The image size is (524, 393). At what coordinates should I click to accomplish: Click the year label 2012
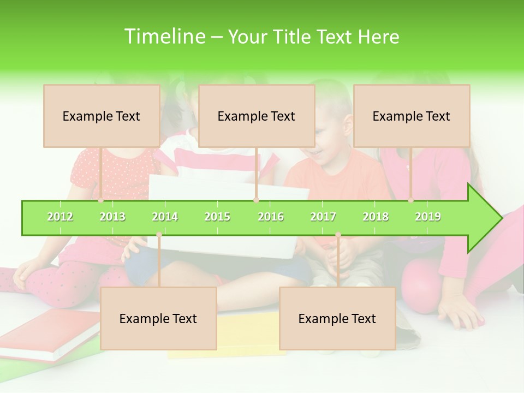[60, 217]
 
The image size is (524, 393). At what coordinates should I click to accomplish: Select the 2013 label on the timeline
[112, 217]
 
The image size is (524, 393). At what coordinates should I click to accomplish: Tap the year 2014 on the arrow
[165, 217]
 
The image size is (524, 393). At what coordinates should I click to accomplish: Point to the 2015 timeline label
[217, 217]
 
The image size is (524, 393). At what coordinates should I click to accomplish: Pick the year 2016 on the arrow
[271, 217]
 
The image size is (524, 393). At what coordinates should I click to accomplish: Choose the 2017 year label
[323, 217]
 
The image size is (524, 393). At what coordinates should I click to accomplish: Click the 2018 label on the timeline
[376, 217]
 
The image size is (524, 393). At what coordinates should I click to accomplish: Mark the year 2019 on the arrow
[428, 217]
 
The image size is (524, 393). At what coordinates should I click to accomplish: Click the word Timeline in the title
[164, 37]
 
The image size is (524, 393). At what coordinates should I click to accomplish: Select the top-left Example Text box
[102, 116]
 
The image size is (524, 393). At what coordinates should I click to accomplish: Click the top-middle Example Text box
[257, 116]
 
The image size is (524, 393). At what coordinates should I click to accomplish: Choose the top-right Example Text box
[412, 116]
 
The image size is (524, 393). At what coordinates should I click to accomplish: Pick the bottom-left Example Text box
[158, 318]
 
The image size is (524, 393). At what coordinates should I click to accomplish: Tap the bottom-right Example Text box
[337, 318]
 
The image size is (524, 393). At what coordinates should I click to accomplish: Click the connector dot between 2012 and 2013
[101, 200]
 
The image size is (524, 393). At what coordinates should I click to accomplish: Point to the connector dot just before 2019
[411, 200]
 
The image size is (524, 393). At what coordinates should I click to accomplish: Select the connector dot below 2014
[159, 235]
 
